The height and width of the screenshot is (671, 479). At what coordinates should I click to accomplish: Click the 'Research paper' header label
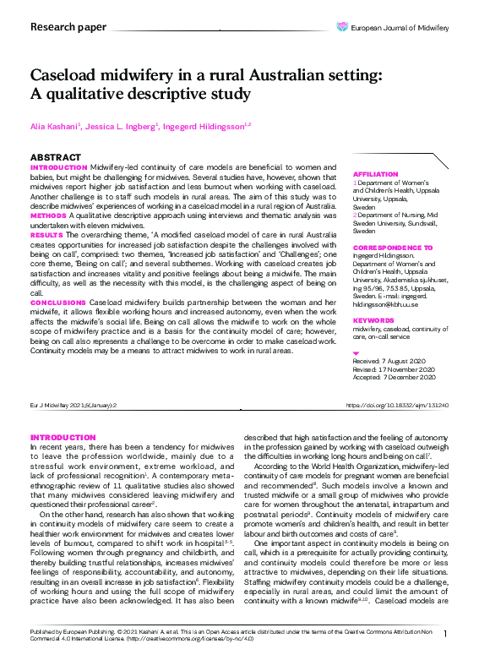pyautogui.click(x=68, y=27)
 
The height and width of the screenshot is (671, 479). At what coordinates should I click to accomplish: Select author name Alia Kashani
pyautogui.click(x=55, y=126)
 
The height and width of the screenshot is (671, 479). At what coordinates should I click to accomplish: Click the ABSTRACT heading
pyautogui.click(x=56, y=158)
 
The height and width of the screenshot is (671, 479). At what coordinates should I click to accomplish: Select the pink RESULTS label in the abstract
pyautogui.click(x=46, y=232)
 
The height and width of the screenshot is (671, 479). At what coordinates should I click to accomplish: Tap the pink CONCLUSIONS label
pyautogui.click(x=58, y=302)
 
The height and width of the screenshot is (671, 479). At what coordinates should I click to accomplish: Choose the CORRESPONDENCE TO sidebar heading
pyautogui.click(x=393, y=248)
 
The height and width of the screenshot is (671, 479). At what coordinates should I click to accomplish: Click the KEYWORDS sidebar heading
pyautogui.click(x=373, y=321)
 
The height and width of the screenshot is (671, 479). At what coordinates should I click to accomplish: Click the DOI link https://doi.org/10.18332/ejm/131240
pyautogui.click(x=397, y=406)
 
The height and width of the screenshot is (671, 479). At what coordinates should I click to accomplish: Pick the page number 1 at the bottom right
pyautogui.click(x=445, y=657)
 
